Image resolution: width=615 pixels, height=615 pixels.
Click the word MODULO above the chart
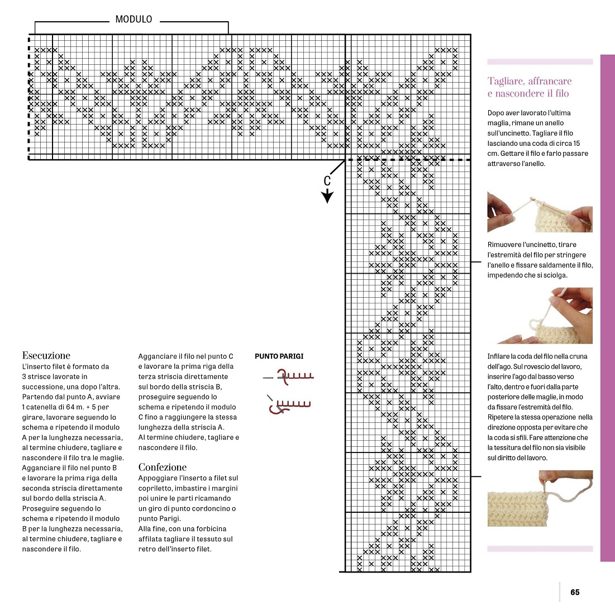[x=134, y=20]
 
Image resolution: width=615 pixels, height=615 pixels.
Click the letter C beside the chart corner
[x=327, y=180]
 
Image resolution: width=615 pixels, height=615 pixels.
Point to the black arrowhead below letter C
[x=327, y=196]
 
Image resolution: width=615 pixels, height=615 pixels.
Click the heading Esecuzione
[x=46, y=355]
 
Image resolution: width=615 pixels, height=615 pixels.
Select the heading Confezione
[x=163, y=467]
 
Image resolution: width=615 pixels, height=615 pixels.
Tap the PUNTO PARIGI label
[x=279, y=356]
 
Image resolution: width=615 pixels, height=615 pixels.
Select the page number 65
[x=575, y=592]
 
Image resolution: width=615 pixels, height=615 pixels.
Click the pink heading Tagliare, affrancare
[x=530, y=82]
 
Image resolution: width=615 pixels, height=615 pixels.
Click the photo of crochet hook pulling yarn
[x=540, y=212]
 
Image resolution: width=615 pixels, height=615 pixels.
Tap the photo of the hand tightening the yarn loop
[x=540, y=316]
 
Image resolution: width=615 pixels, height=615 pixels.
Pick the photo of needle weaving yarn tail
[x=540, y=498]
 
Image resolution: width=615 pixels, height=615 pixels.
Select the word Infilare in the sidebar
[x=498, y=356]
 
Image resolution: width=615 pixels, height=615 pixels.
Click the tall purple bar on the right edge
[x=607, y=307]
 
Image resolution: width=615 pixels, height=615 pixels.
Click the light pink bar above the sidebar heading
[x=540, y=62]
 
